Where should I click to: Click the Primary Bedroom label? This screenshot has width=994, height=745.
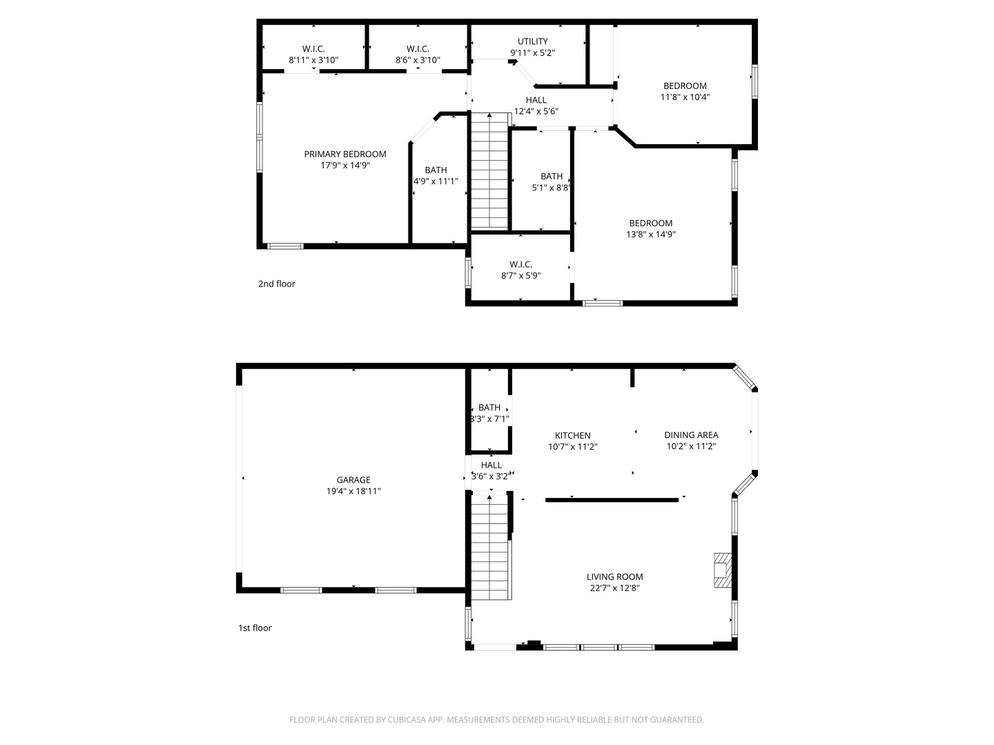(345, 154)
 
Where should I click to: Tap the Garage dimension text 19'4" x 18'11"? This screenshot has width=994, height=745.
(353, 491)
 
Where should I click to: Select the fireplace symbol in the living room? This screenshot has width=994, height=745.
(722, 570)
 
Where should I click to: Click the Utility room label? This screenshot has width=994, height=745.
(532, 41)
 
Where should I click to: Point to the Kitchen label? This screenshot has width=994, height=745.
(572, 435)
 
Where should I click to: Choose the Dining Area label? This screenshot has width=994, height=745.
(691, 435)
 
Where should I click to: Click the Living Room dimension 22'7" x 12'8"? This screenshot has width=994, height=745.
(614, 588)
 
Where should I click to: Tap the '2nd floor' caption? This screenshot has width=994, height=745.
(276, 284)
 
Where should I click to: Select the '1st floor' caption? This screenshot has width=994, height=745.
(255, 628)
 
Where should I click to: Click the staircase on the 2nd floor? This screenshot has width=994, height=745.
(489, 171)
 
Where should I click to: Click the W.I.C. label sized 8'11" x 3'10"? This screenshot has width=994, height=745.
(313, 49)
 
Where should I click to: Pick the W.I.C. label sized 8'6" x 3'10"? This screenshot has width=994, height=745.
(418, 49)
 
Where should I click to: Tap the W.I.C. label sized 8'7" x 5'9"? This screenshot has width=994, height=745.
(520, 264)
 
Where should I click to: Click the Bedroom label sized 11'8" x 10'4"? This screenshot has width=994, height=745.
(685, 86)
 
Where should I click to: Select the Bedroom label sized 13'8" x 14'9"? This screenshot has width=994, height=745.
(650, 223)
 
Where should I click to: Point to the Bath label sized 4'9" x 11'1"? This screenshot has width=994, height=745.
(436, 170)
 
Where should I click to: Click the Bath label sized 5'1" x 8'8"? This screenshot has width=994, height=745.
(552, 176)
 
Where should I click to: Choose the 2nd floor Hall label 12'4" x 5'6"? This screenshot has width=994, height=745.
(536, 100)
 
